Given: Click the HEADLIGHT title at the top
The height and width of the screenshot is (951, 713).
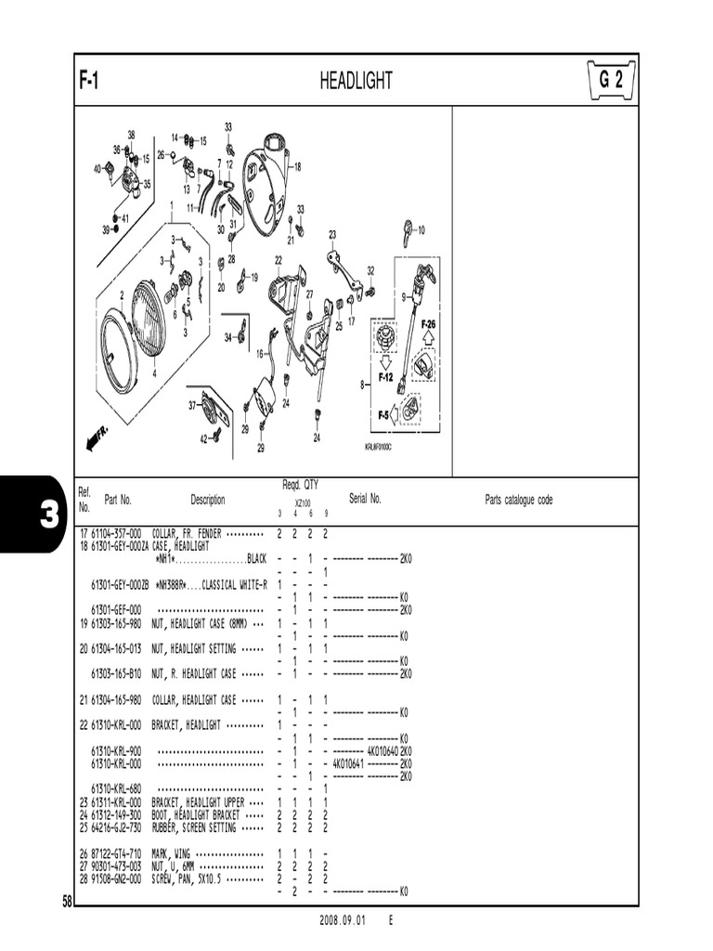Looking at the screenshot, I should coord(356,82).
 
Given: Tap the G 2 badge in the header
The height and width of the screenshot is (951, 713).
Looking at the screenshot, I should coord(611,81).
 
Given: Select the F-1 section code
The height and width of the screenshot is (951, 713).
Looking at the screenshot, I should coord(90,82).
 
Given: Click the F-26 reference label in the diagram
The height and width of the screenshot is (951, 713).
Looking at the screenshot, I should coord(428,324).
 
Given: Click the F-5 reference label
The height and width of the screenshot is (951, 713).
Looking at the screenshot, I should coord(383,415).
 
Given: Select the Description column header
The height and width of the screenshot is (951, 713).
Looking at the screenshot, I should coord(208,500).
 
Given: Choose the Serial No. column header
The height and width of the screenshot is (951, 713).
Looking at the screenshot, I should coord(365,499).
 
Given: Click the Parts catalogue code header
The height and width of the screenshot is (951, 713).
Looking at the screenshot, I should coord(518,500).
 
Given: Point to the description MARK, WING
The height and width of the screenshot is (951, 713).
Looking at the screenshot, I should coord(172,853).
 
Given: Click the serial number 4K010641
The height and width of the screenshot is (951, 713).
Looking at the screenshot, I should coord(351,763).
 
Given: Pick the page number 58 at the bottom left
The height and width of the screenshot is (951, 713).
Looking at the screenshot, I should coord(67,900).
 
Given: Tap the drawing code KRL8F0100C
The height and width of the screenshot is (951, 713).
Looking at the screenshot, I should coord(379,447).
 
